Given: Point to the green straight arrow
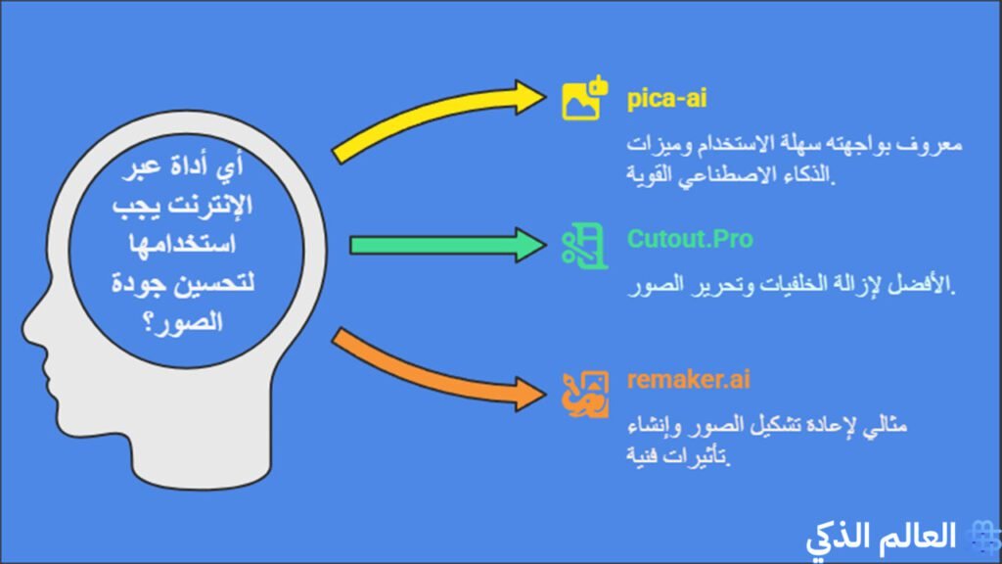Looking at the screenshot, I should click(440, 244).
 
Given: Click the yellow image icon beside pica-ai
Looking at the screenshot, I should click(584, 100).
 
